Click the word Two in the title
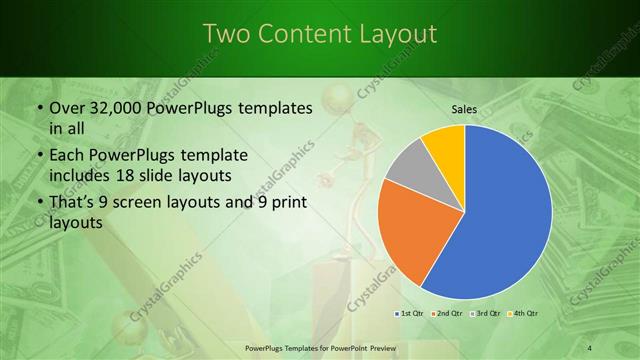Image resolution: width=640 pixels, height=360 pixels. [x=225, y=34]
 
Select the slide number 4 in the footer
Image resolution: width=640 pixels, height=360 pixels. [x=589, y=348]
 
